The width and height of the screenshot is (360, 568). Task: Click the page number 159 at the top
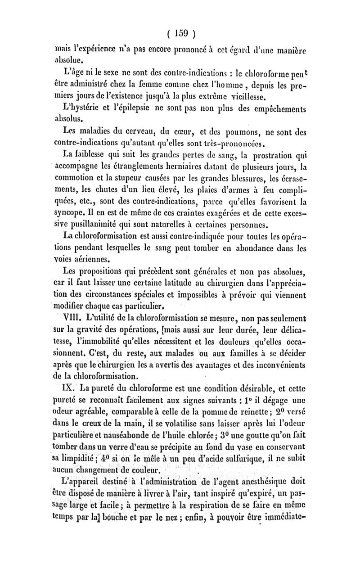pyautogui.click(x=180, y=34)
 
